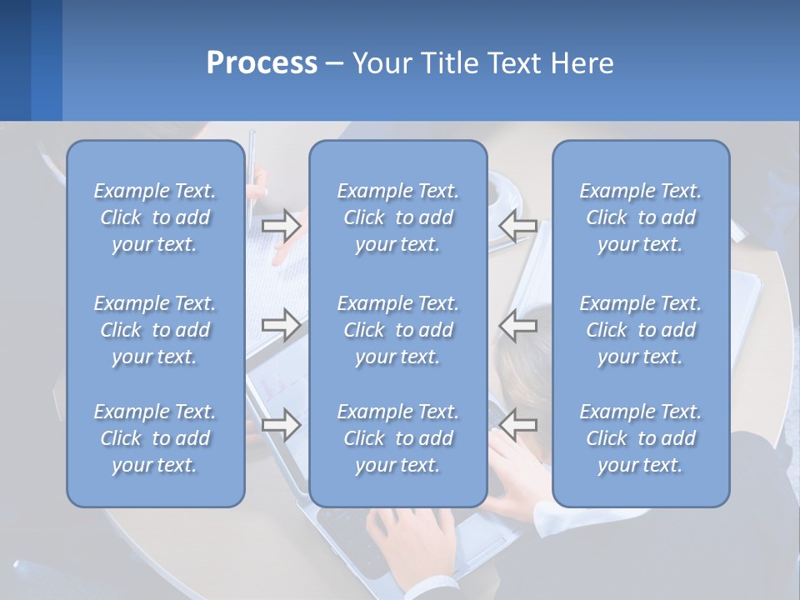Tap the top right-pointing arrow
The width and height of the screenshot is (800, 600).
281,225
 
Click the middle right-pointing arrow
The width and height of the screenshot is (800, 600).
281,324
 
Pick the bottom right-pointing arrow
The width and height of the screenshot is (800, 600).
281,425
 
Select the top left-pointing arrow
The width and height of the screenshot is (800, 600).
518,225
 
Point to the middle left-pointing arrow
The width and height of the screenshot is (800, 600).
518,324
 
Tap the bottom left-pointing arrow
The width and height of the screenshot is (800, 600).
518,425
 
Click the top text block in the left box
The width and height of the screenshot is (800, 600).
155,217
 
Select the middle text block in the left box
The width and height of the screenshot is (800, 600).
155,330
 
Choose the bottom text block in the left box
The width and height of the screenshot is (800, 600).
155,438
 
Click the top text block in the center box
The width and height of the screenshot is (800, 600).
397,217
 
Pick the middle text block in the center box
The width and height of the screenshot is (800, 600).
397,330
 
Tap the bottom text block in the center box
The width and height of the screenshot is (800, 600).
397,438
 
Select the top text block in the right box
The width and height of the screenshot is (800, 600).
640,217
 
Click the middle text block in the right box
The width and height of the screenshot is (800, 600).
640,330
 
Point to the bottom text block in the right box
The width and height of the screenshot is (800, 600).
640,438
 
